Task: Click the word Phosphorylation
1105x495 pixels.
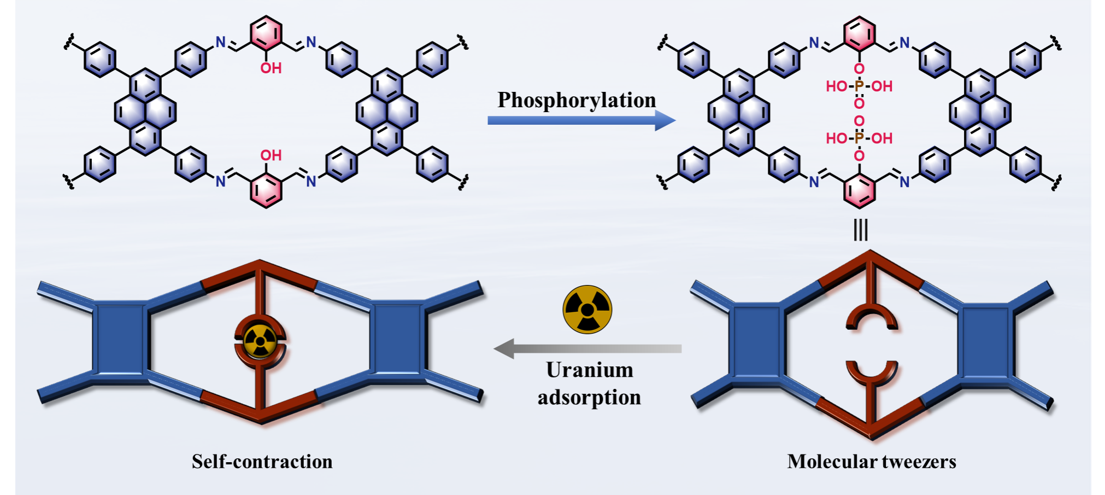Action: pyautogui.click(x=577, y=100)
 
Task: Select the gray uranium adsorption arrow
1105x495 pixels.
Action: pyautogui.click(x=587, y=348)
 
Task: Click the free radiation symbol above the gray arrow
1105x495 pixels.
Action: pyautogui.click(x=587, y=310)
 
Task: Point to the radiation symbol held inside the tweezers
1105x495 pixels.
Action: pyautogui.click(x=260, y=342)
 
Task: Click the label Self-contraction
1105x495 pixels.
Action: pyautogui.click(x=262, y=462)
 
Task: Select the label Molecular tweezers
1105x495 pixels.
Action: pyautogui.click(x=871, y=462)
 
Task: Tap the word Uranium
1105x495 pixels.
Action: pyautogui.click(x=590, y=370)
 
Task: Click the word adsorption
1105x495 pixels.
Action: pyautogui.click(x=589, y=398)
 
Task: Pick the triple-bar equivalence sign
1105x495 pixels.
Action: pyautogui.click(x=860, y=230)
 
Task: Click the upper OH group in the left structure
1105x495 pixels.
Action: pyautogui.click(x=271, y=68)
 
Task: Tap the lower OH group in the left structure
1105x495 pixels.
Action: pyautogui.click(x=271, y=155)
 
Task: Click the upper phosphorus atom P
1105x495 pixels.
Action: pyautogui.click(x=859, y=86)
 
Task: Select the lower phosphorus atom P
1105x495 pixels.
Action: pyautogui.click(x=859, y=138)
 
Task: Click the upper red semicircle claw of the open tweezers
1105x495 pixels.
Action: pyautogui.click(x=871, y=319)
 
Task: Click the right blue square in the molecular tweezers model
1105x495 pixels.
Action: pyautogui.click(x=985, y=342)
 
